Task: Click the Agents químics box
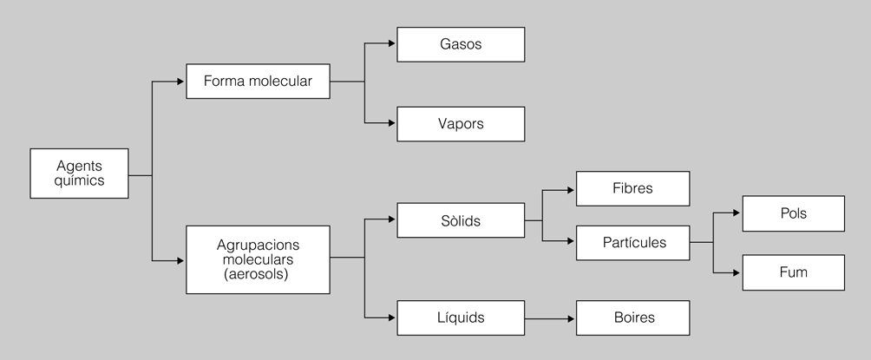point(80,173)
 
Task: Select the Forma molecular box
point(258,81)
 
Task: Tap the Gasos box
point(461,44)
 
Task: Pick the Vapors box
point(461,124)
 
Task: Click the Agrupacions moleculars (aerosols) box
point(258,259)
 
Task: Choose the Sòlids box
point(461,220)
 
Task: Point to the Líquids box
point(461,318)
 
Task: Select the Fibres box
point(632,188)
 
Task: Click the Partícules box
point(632,243)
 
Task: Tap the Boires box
point(632,318)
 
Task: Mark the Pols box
point(793,213)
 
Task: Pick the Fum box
point(793,272)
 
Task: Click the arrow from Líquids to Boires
point(550,318)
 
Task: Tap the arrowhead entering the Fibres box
point(571,188)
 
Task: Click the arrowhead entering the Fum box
point(737,272)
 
